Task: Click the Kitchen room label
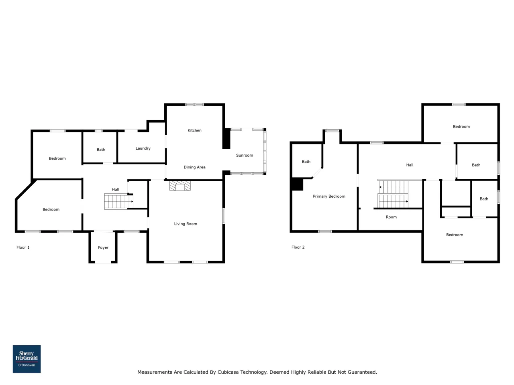pyautogui.click(x=194, y=130)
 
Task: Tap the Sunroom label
pyautogui.click(x=245, y=155)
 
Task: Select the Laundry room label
pyautogui.click(x=143, y=148)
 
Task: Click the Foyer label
pyautogui.click(x=103, y=247)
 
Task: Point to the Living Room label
pyautogui.click(x=186, y=224)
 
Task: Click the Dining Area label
pyautogui.click(x=194, y=167)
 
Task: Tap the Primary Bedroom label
pyautogui.click(x=329, y=197)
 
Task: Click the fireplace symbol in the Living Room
pyautogui.click(x=180, y=186)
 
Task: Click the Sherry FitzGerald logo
pyautogui.click(x=27, y=359)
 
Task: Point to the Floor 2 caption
pyautogui.click(x=298, y=247)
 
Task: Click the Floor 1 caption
pyautogui.click(x=23, y=247)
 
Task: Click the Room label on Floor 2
pyautogui.click(x=391, y=217)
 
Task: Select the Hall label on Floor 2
pyautogui.click(x=410, y=165)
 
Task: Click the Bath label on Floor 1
pyautogui.click(x=101, y=150)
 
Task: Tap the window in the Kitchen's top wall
pyautogui.click(x=195, y=105)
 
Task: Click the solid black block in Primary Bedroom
pyautogui.click(x=298, y=184)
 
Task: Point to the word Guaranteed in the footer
pyautogui.click(x=362, y=372)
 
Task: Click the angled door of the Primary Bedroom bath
pyautogui.click(x=318, y=173)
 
